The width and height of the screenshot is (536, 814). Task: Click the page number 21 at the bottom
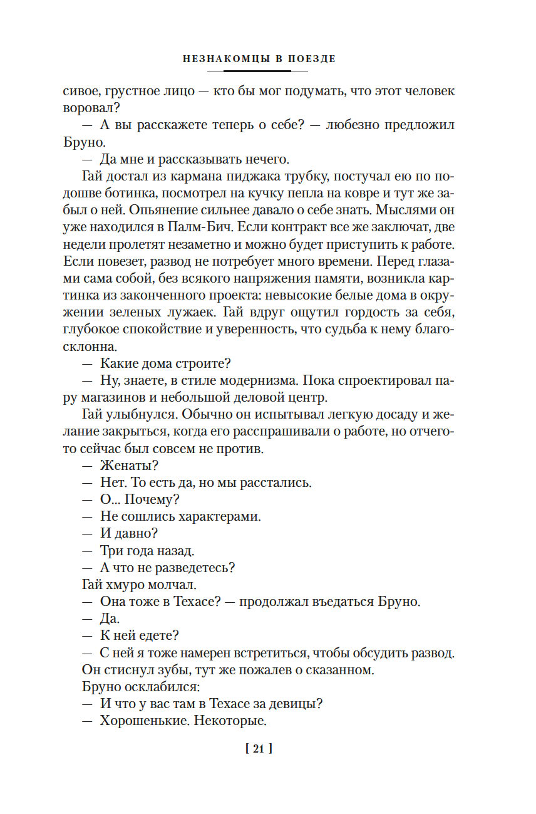pyautogui.click(x=259, y=748)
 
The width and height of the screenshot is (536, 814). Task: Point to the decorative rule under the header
pyautogui.click(x=259, y=71)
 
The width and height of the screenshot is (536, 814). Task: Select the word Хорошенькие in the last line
pyautogui.click(x=143, y=721)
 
